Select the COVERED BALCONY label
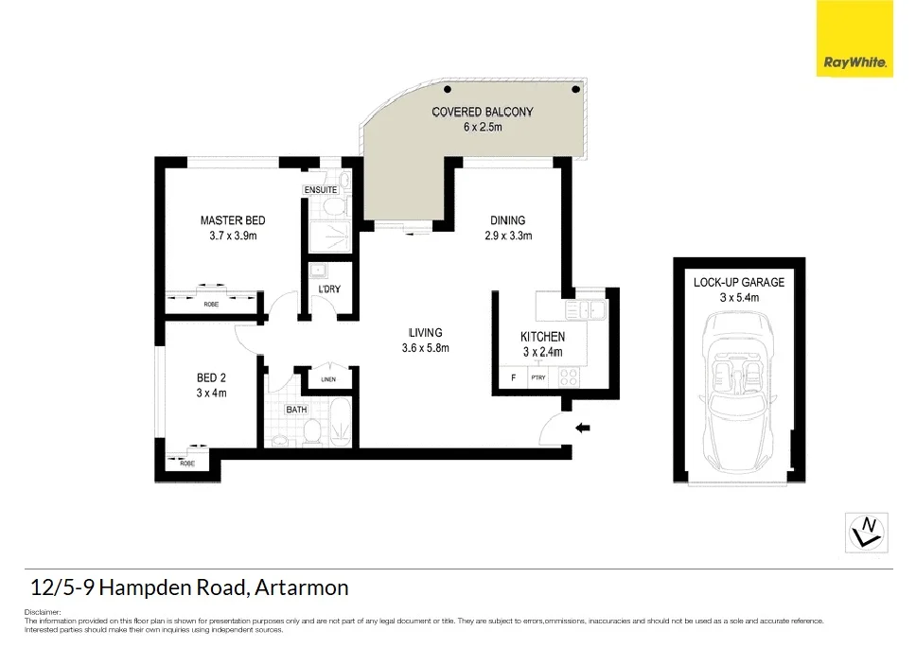(483, 112)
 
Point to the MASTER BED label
(233, 221)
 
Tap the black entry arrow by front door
(583, 429)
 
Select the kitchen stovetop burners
(569, 377)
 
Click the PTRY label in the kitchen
(537, 378)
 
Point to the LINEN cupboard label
(328, 379)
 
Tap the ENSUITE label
(321, 190)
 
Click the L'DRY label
(329, 289)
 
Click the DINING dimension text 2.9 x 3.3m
(507, 236)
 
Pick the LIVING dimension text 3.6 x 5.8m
(426, 347)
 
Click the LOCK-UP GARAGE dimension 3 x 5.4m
(738, 297)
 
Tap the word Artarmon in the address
(304, 587)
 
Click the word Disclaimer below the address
(40, 612)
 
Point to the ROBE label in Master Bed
(210, 305)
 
